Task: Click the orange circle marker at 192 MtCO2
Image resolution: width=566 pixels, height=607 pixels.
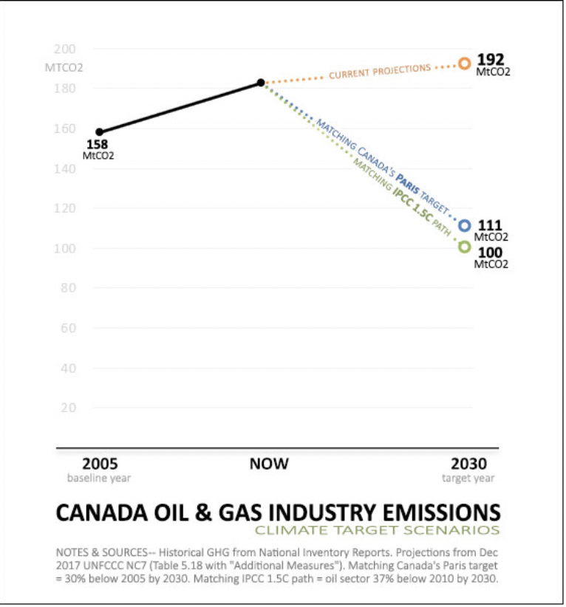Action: (464, 64)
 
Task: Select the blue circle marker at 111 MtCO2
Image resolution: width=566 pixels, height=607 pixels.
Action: (464, 226)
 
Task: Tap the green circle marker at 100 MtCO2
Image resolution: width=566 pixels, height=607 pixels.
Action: (464, 247)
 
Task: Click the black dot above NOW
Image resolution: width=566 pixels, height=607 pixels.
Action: (261, 83)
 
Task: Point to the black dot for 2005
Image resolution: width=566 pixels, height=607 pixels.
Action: (100, 132)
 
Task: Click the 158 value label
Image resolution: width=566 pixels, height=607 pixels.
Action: (98, 145)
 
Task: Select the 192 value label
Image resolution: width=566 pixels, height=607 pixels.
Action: (489, 59)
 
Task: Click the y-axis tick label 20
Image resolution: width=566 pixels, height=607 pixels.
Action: (68, 407)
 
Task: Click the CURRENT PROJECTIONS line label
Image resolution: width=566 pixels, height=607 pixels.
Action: (379, 72)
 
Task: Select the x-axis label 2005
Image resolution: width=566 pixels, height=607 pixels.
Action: (100, 464)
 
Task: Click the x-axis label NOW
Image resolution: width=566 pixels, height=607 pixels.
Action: (269, 464)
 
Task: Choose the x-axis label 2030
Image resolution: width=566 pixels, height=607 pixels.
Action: (468, 464)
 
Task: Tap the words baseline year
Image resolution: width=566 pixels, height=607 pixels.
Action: (99, 479)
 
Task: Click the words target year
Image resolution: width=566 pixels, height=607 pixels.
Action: (468, 479)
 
